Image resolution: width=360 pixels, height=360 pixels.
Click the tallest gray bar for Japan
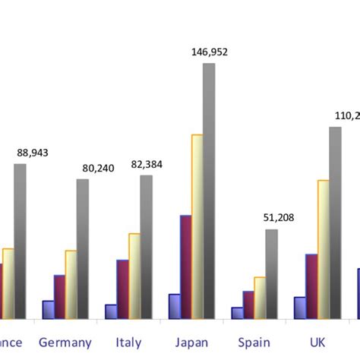209,190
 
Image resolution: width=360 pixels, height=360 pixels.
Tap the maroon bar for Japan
185,267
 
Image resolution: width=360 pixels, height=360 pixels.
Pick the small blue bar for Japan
174,306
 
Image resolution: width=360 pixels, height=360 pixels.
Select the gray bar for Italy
146,247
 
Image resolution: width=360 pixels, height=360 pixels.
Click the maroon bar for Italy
122,289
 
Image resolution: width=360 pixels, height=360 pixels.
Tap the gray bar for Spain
271,273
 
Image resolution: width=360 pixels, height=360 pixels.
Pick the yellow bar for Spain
260,297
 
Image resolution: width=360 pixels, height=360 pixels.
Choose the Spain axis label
254,343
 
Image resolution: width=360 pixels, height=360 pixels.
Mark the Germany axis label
65,343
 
